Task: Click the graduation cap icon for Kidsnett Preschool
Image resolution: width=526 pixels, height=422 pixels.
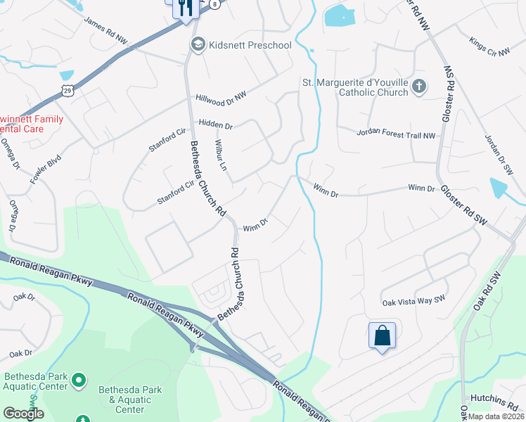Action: pyautogui.click(x=198, y=45)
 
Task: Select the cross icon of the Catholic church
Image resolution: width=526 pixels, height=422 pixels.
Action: pyautogui.click(x=419, y=87)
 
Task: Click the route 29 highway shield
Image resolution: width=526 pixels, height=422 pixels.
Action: pyautogui.click(x=67, y=90)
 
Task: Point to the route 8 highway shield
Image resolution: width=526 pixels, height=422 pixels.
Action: pyautogui.click(x=214, y=4)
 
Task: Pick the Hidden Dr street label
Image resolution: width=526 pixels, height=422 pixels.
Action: pyautogui.click(x=215, y=124)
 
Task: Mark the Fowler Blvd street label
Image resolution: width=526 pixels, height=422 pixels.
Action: pyautogui.click(x=46, y=170)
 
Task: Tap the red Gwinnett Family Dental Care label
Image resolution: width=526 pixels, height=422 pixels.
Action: pyautogui.click(x=32, y=124)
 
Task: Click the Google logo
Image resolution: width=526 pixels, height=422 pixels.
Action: pyautogui.click(x=23, y=414)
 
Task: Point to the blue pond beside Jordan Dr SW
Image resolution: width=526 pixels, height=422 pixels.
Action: pyautogui.click(x=499, y=188)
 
